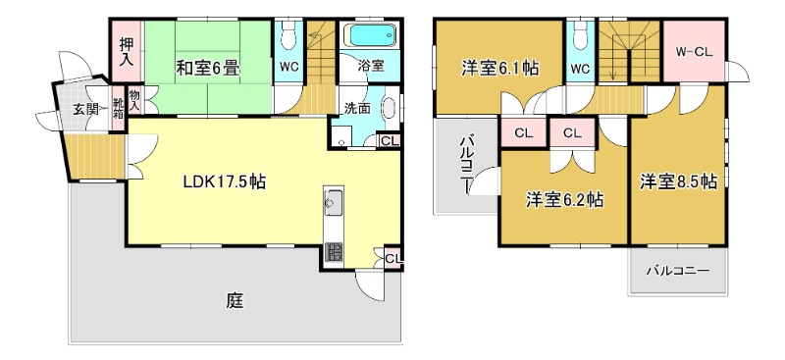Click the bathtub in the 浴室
coord(373,37)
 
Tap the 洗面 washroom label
coord(356,108)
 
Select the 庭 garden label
coord(234,301)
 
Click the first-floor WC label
coord(288,68)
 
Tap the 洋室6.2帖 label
coord(563,200)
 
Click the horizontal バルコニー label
coord(678,270)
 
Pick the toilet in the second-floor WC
coord(578,38)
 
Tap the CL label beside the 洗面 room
coord(390,141)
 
